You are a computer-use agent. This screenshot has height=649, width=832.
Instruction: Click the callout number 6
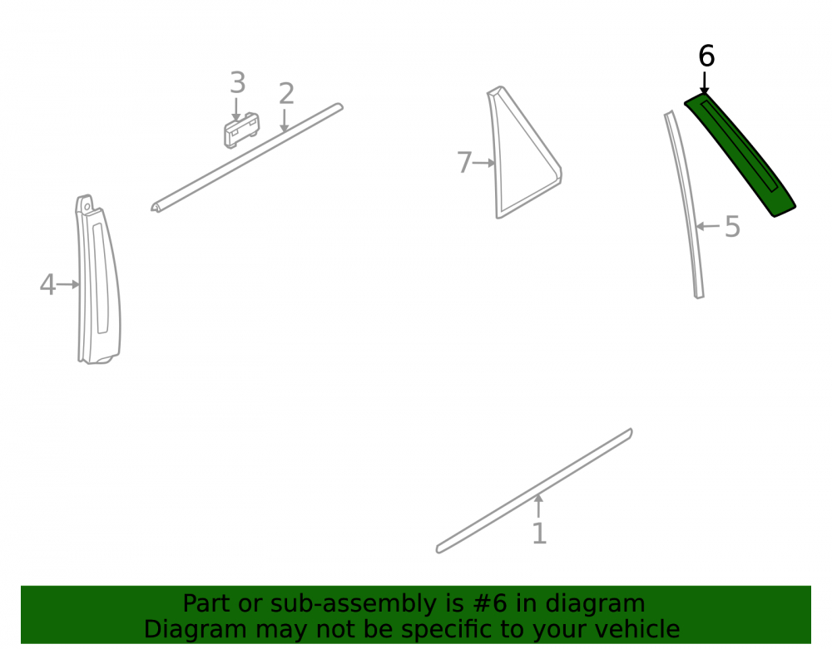click(706, 56)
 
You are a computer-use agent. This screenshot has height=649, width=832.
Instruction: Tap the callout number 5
click(732, 227)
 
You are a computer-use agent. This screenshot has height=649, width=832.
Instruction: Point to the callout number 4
click(47, 284)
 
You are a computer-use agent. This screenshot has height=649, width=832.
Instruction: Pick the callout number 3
click(238, 82)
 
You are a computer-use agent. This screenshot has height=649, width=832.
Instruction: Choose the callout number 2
click(286, 94)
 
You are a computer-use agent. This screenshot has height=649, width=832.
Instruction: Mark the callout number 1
click(539, 533)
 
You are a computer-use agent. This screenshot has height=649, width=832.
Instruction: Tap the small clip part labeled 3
click(241, 130)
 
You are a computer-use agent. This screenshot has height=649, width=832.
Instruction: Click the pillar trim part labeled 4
click(99, 280)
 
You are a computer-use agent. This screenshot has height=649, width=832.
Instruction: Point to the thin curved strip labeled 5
click(686, 204)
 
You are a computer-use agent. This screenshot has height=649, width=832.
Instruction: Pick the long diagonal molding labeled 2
click(247, 158)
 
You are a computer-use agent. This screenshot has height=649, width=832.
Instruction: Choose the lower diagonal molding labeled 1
click(534, 491)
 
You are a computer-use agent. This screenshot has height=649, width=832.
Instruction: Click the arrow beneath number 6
click(704, 83)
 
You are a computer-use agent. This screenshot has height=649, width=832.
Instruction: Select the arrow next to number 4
click(68, 284)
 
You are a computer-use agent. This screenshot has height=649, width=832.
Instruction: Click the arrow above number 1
click(538, 506)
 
